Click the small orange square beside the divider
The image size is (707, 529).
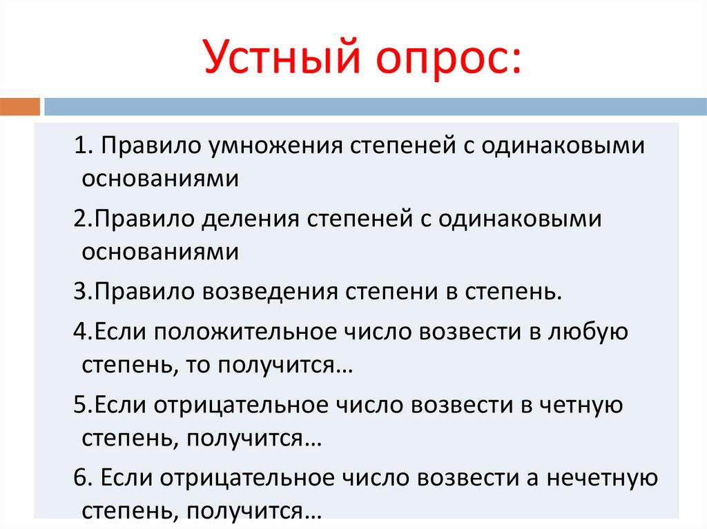[21, 107]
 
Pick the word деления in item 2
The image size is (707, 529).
[251, 219]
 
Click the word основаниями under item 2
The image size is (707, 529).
[160, 252]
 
